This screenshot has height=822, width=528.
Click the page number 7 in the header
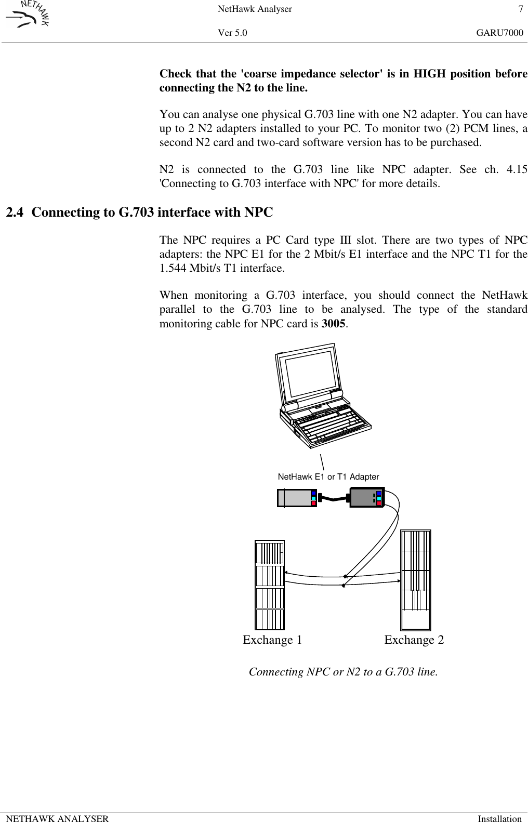click(520, 9)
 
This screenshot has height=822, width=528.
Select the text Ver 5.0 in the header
click(232, 33)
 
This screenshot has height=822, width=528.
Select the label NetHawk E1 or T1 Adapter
click(328, 476)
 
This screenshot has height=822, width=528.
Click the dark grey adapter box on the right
click(364, 497)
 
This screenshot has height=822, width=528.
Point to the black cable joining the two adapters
click(333, 499)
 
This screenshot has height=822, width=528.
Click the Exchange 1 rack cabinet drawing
click(270, 585)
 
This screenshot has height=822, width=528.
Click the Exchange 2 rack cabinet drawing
click(416, 580)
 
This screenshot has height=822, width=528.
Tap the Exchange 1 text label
click(272, 640)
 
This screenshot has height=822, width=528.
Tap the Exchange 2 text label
click(414, 640)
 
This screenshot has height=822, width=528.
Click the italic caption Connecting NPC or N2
click(343, 672)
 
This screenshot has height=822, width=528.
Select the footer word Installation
click(499, 818)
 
